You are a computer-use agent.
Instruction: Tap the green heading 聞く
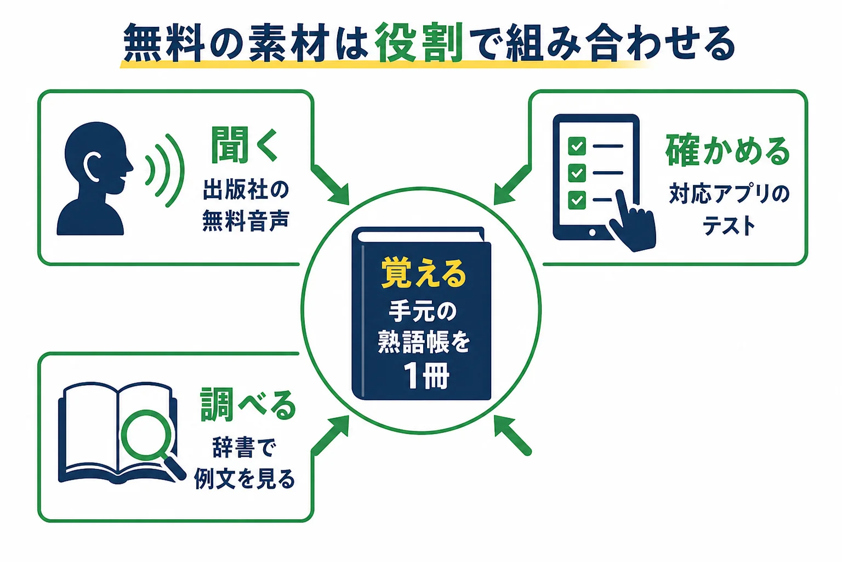[x=244, y=145]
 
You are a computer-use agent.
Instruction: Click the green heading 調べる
[x=248, y=404]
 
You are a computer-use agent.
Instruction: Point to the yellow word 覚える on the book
[x=424, y=273]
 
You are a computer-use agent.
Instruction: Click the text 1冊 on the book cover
[x=426, y=375]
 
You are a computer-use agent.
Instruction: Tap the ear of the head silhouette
[x=92, y=166]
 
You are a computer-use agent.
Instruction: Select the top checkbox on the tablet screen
[x=577, y=145]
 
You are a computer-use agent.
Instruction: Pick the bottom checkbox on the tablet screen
[x=577, y=200]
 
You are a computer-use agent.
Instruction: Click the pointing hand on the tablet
[x=633, y=223]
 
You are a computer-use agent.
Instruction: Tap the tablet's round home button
[x=593, y=233]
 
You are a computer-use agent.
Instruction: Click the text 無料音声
[x=246, y=221]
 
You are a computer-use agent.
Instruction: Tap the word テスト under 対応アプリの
[x=729, y=226]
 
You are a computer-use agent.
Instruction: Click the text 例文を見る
[x=244, y=479]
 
